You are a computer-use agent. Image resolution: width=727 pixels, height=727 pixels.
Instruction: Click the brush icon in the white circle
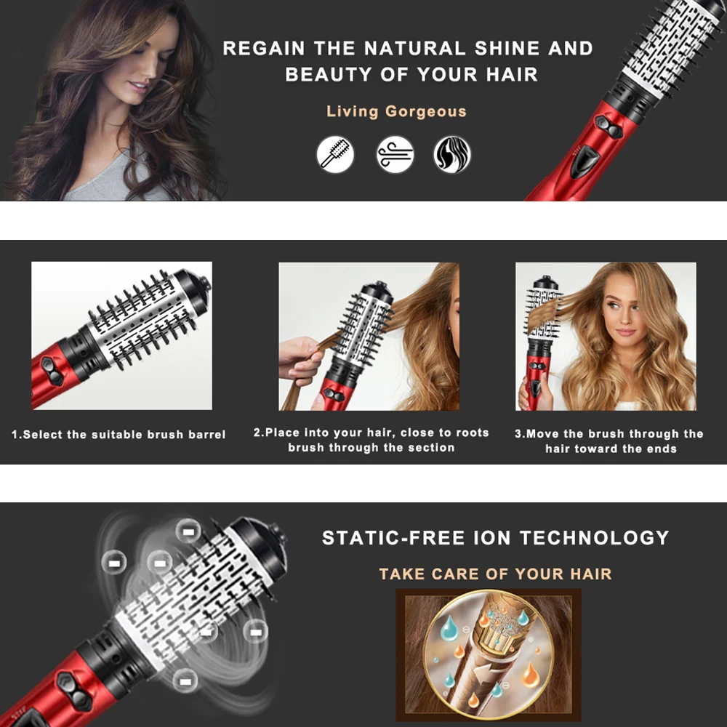pos(335,154)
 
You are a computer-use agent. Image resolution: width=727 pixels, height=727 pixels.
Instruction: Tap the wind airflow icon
pos(395,154)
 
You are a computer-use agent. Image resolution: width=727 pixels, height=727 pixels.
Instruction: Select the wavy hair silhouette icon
pos(452,154)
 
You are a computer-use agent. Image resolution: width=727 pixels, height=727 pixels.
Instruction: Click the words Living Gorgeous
pos(396,112)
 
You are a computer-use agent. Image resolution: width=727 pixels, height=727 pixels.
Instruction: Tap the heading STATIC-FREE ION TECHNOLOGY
pos(495,538)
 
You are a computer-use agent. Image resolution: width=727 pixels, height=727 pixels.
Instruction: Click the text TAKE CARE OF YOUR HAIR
pos(495,574)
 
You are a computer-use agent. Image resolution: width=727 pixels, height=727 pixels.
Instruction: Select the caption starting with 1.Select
pos(119,435)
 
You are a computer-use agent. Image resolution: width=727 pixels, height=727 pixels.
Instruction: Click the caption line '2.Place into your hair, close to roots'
pos(371,433)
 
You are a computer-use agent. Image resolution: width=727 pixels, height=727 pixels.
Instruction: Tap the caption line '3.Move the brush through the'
pos(609,434)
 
